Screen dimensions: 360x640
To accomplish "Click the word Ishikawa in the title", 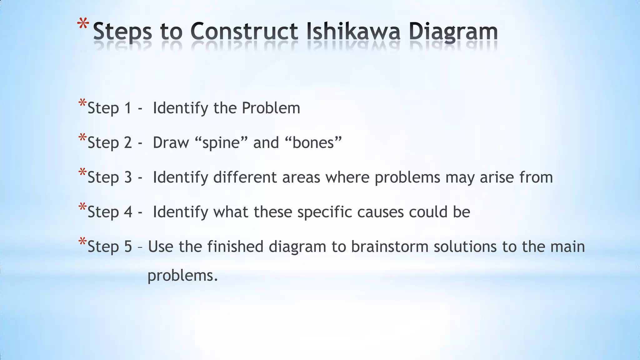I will pyautogui.click(x=353, y=32).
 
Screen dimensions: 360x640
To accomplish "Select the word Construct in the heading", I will pyautogui.click(x=244, y=32).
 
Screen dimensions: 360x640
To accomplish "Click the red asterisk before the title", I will pyautogui.click(x=83, y=25).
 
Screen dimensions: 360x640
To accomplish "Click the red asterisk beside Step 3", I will pyautogui.click(x=82, y=172).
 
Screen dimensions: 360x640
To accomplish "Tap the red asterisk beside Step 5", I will pyautogui.click(x=82, y=242).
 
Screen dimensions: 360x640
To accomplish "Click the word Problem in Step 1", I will pyautogui.click(x=271, y=108).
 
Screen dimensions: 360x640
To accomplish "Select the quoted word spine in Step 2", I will pyautogui.click(x=221, y=143).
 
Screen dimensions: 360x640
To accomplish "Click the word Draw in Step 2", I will pyautogui.click(x=171, y=143).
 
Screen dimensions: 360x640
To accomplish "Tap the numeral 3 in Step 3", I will pyautogui.click(x=128, y=177).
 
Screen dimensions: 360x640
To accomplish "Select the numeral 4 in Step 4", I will pyautogui.click(x=128, y=212).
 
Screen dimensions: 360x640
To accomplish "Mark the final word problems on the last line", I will pyautogui.click(x=182, y=276).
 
